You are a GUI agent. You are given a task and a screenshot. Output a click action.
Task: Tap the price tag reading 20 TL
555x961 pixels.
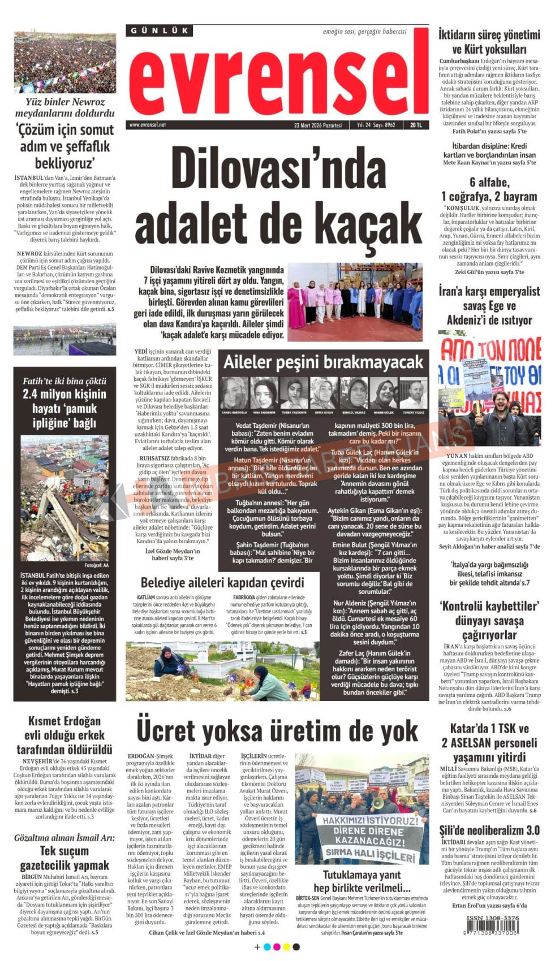point(416,125)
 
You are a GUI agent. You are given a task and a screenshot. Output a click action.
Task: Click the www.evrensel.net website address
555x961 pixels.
point(148,125)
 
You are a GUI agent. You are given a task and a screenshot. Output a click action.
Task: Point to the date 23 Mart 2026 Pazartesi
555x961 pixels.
point(318,125)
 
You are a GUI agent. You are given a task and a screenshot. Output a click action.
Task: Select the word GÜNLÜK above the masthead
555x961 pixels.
point(159,31)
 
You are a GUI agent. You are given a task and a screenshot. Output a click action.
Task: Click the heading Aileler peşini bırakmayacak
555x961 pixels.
point(323,362)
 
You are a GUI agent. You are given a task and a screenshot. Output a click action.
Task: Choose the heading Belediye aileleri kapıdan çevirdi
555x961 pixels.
point(222,582)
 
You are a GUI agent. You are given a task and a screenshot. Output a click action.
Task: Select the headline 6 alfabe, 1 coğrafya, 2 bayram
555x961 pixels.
point(489,189)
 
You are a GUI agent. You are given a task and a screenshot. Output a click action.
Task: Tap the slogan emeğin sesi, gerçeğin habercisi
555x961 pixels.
point(364,31)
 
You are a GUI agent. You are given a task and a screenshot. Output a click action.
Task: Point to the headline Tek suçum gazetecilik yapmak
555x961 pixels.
point(64,858)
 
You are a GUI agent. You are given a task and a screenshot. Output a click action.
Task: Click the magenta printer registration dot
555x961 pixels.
point(276,947)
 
